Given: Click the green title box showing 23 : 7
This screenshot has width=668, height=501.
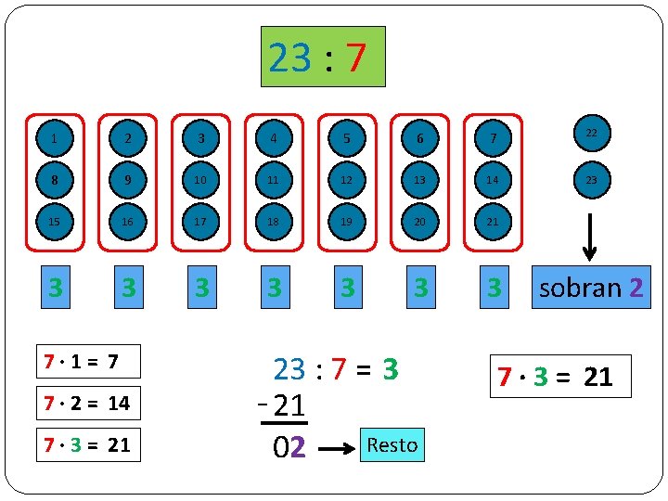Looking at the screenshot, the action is tap(322, 57).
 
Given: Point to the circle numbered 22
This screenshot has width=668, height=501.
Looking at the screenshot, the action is tap(591, 134).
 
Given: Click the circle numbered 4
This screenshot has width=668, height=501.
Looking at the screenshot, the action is tap(273, 138).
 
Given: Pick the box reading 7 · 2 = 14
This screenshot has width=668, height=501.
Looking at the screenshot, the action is tap(89, 404).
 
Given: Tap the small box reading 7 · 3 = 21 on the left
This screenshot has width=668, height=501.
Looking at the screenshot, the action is tap(89, 444).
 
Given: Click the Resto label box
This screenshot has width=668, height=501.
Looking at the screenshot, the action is tap(392, 445).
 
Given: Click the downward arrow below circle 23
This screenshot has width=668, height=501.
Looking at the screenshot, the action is tap(591, 239).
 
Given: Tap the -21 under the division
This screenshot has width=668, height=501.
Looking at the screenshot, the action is tap(283, 405).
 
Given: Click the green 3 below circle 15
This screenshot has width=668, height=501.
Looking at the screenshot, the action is tap(56, 288).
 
